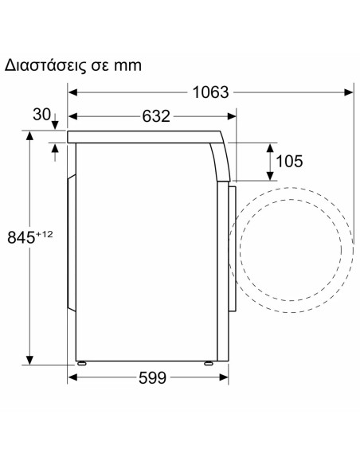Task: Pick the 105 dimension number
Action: (288, 161)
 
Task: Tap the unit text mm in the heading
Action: (127, 65)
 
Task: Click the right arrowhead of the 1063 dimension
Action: (350, 92)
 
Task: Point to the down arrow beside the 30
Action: (54, 124)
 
